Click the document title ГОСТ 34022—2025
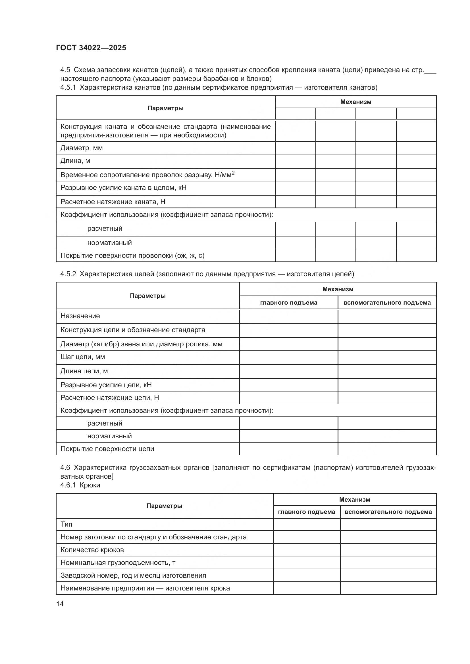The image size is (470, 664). [91, 48]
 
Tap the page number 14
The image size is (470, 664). [60, 604]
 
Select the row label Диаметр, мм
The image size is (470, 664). [81, 148]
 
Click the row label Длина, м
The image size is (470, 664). [75, 160]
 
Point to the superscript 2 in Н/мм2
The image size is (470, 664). [233, 173]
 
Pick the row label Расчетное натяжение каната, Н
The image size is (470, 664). [113, 202]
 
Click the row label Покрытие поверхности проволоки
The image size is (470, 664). [132, 255]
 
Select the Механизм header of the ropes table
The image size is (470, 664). [355, 102]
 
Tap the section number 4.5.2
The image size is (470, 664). [68, 274]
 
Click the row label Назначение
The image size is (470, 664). [80, 316]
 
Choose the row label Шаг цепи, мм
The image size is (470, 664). [82, 357]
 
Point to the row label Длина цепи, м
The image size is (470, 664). [84, 371]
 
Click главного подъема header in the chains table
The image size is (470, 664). [288, 303]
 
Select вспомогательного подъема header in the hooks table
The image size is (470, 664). [388, 512]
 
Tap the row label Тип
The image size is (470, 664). [66, 524]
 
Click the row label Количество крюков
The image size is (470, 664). [92, 550]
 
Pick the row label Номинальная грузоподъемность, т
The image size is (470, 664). [118, 562]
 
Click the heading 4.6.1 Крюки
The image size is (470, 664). [80, 485]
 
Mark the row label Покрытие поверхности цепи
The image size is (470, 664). [107, 449]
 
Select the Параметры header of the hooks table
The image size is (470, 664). [164, 506]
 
